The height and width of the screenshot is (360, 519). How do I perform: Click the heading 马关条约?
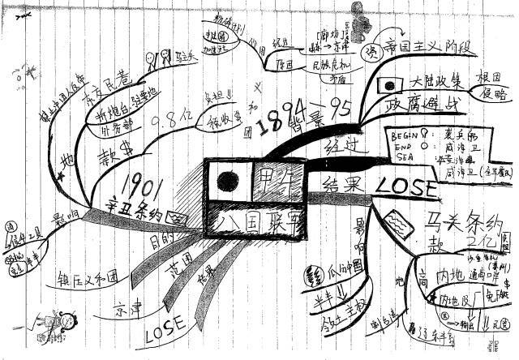tap(460, 218)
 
